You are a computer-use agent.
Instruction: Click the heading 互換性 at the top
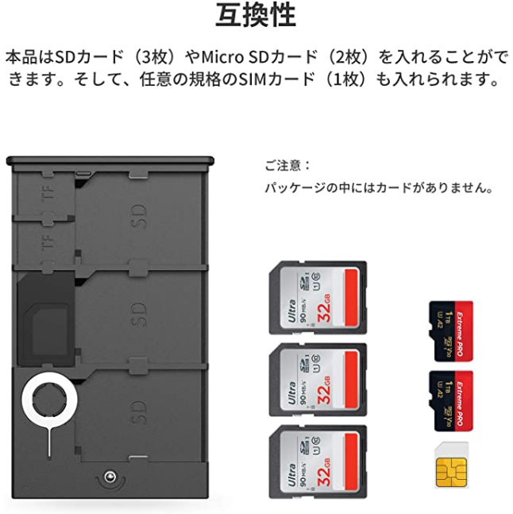(256, 15)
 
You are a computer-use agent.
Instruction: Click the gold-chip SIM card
(451, 466)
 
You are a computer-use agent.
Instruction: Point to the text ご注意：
(287, 166)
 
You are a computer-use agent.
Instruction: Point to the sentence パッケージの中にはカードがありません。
(380, 189)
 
